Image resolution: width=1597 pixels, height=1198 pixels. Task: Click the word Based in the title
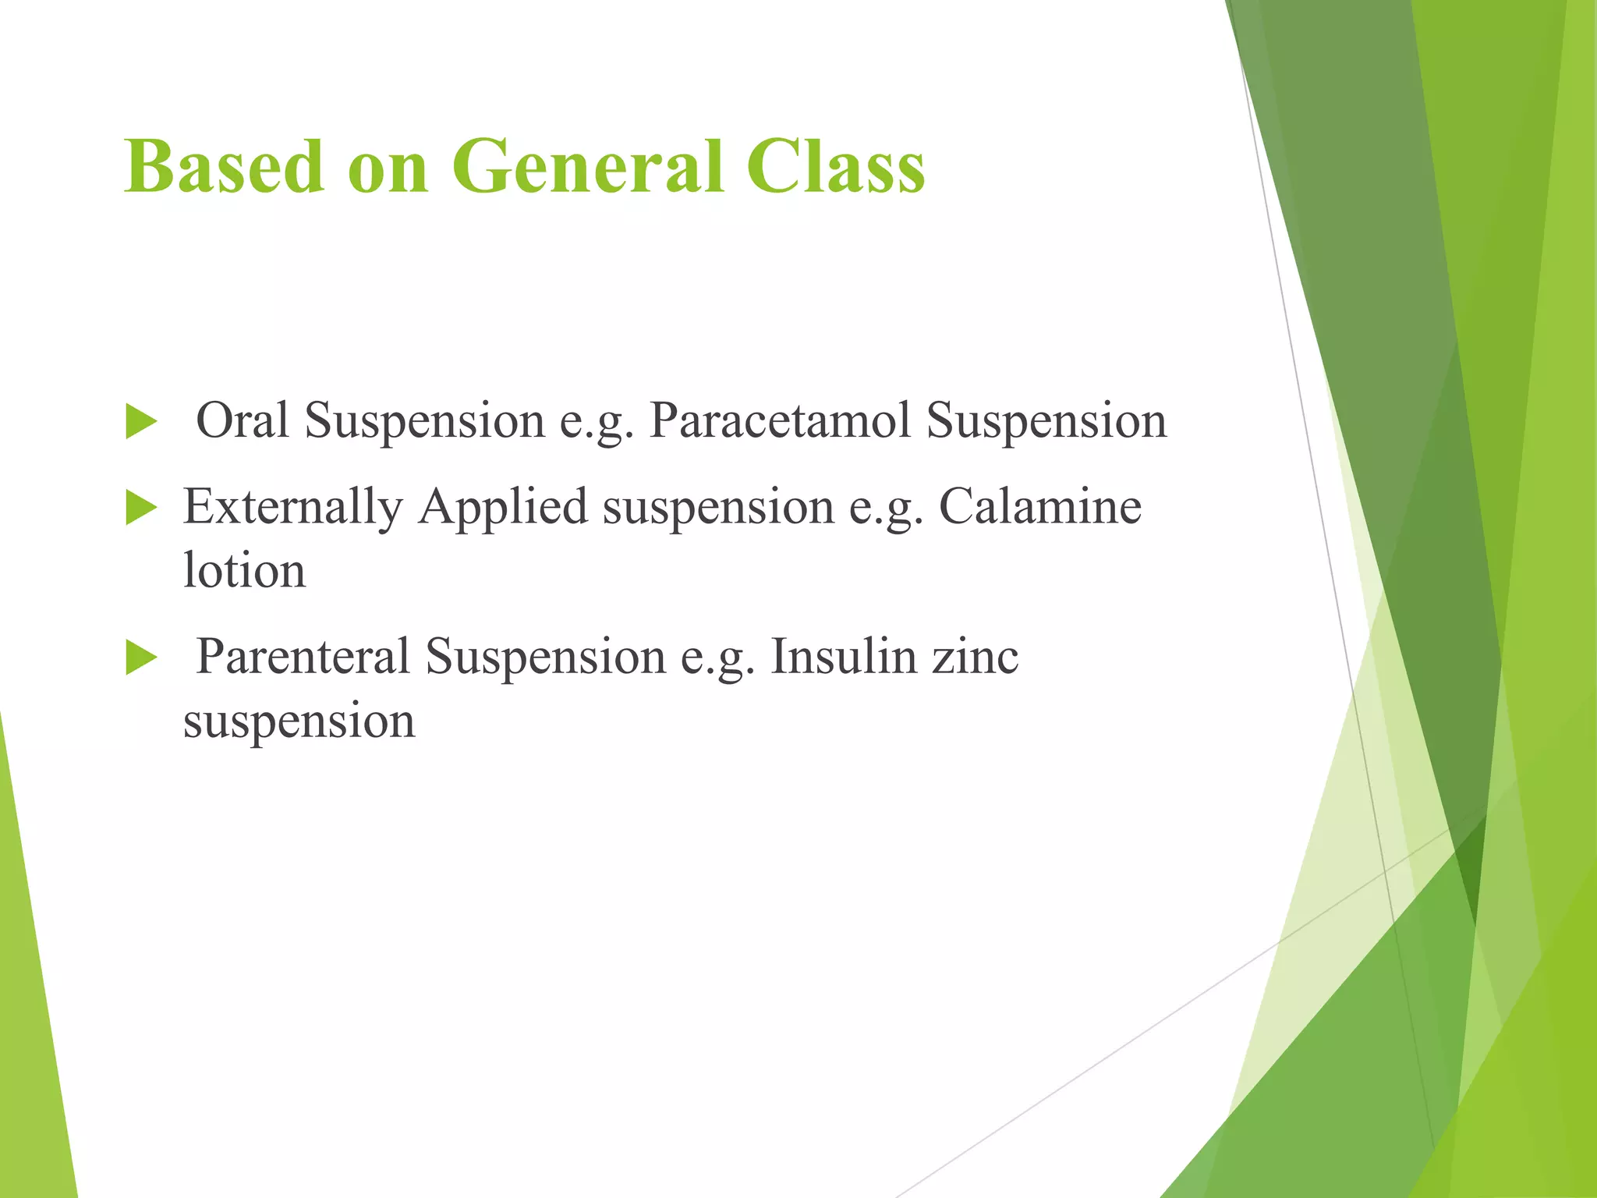pos(223,167)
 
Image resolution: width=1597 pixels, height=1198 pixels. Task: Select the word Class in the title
pos(835,167)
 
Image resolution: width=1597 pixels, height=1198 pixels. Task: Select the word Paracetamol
pos(780,420)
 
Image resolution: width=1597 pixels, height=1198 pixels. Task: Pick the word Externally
pos(292,508)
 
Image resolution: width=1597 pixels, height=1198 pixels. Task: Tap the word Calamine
pos(1039,508)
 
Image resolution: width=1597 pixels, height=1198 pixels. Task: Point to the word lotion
pos(244,571)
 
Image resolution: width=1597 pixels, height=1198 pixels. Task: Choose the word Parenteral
pos(303,657)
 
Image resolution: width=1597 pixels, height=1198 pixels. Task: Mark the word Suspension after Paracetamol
pos(1046,420)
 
